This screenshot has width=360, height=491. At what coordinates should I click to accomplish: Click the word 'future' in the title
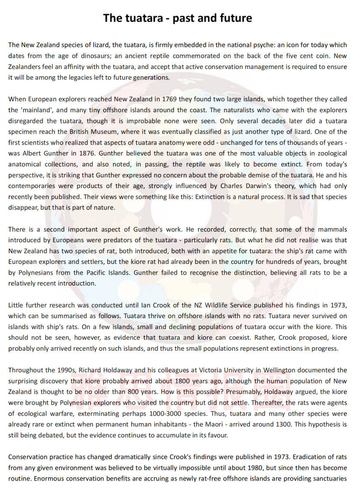click(x=231, y=18)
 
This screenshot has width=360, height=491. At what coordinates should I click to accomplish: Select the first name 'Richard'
click(x=96, y=370)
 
